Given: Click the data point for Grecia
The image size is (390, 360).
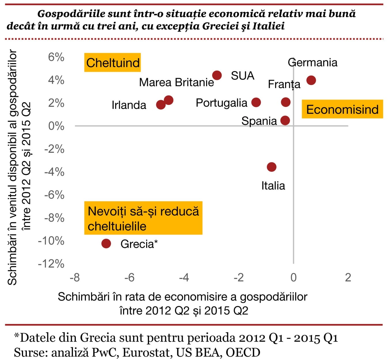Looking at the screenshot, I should pyautogui.click(x=106, y=244).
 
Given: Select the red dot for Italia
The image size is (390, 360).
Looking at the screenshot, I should pyautogui.click(x=272, y=167).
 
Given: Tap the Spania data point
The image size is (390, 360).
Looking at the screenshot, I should pyautogui.click(x=285, y=120).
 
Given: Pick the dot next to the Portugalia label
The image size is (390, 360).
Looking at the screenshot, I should pyautogui.click(x=256, y=102).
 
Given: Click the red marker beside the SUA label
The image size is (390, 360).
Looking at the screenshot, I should pyautogui.click(x=217, y=75).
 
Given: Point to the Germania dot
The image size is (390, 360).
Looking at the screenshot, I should pyautogui.click(x=311, y=80).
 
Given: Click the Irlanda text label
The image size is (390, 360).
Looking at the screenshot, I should pyautogui.click(x=129, y=105).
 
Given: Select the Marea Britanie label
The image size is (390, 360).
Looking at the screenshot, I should pyautogui.click(x=176, y=82).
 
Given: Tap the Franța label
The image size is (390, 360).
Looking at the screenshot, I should pyautogui.click(x=284, y=84).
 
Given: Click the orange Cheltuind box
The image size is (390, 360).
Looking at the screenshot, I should pyautogui.click(x=112, y=63).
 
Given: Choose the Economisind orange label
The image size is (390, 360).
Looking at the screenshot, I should pyautogui.click(x=342, y=110).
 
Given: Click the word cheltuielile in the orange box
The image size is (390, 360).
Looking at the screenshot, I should pyautogui.click(x=117, y=226).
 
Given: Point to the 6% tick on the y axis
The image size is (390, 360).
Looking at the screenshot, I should pyautogui.click(x=56, y=57).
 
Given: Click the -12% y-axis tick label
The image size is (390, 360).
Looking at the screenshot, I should pyautogui.click(x=51, y=263).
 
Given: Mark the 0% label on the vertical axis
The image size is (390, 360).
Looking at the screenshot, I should pyautogui.click(x=56, y=126).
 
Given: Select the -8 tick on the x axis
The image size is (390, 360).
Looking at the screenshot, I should pyautogui.click(x=75, y=277).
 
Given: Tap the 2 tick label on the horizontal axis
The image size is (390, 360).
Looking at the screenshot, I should pyautogui.click(x=348, y=277).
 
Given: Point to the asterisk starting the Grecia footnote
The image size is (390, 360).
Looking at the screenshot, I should pyautogui.click(x=16, y=336).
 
